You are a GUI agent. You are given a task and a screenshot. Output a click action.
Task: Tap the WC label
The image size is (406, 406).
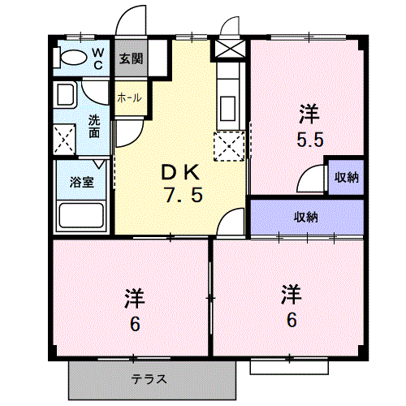coord(98,58)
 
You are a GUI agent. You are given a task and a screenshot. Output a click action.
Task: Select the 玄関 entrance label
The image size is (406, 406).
coord(132,58)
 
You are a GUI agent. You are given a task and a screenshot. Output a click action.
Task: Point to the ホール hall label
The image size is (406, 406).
coord(129,97)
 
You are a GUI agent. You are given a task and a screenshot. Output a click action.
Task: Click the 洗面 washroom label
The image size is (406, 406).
coord(94,127)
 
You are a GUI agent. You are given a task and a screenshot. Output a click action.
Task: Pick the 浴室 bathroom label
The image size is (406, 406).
coord(82,182)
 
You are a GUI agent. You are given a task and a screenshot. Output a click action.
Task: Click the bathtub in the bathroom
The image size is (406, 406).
coord(81,215)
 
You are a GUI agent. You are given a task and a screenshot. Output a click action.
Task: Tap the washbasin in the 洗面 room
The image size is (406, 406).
coord(65,95)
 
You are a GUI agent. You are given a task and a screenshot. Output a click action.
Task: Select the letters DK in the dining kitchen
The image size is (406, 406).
coord(180,172)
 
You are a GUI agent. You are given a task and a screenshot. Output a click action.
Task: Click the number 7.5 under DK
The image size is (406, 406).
coord(184,195)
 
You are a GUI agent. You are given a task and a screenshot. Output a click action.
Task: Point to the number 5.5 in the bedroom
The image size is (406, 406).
coord(310,140)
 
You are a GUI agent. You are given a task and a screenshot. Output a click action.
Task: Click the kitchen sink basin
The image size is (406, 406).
coord(227,109)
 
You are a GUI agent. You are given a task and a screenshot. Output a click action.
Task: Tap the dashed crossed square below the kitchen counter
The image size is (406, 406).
coord(229,146)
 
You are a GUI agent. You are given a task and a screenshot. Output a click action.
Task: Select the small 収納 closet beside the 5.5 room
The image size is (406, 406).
coord(346,177)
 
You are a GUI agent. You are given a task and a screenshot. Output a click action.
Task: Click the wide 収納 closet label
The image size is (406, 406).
coord(306,217)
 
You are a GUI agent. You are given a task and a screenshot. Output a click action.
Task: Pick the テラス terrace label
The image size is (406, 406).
coord(149,379)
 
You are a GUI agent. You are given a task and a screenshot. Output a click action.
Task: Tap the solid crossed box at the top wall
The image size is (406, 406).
coord(230,49)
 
